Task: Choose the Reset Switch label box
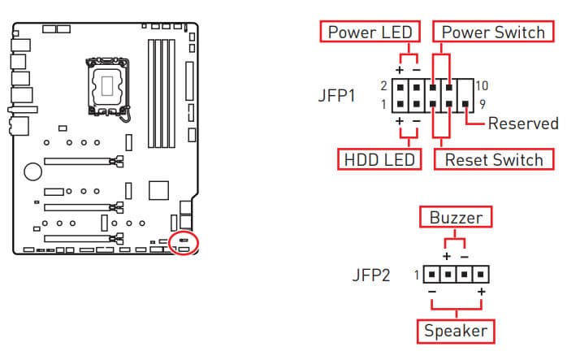(494, 158)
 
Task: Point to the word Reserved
(523, 124)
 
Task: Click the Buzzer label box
(457, 219)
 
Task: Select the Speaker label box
(456, 331)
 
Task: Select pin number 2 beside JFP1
(383, 85)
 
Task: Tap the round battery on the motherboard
(32, 171)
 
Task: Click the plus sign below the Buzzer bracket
(446, 257)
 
